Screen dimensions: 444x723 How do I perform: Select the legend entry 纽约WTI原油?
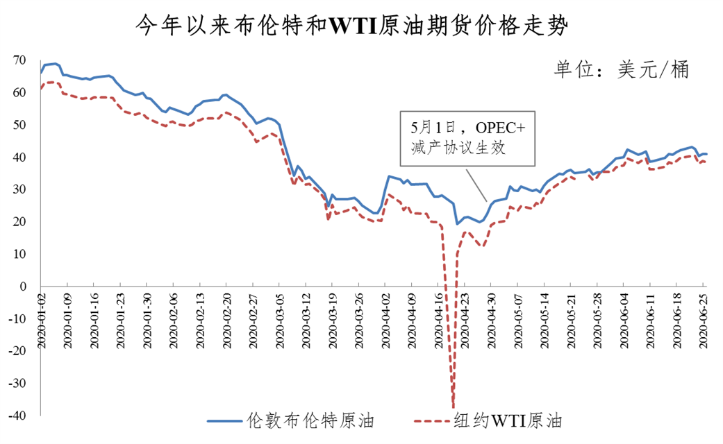[x=506, y=420]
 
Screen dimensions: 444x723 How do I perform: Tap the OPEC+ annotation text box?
[x=468, y=137]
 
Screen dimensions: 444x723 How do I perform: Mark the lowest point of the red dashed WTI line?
[x=454, y=408]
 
